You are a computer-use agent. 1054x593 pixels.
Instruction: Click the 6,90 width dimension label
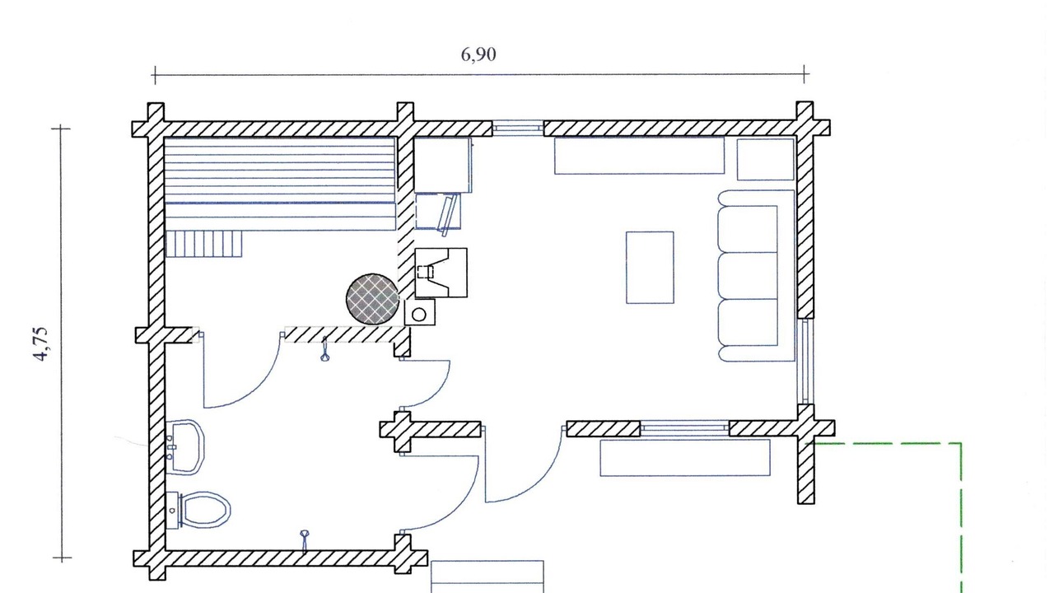point(478,55)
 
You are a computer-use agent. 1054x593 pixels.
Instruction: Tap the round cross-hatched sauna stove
point(373,298)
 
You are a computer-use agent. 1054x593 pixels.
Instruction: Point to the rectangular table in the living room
point(650,267)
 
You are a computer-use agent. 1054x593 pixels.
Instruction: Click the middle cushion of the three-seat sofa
point(748,276)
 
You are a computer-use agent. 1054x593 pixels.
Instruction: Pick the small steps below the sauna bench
point(204,244)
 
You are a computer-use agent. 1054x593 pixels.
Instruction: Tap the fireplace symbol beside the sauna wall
point(441,273)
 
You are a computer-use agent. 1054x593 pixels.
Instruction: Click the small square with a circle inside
point(419,313)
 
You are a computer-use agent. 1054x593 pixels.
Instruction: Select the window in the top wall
point(518,128)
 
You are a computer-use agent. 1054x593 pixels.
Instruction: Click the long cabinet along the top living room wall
point(639,156)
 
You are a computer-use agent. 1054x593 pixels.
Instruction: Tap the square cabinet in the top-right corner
point(765,159)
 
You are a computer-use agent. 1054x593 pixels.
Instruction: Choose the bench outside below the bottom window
point(684,458)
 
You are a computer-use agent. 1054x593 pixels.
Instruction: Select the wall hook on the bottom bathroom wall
point(305,539)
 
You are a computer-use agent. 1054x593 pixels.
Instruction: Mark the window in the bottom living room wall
point(684,427)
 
